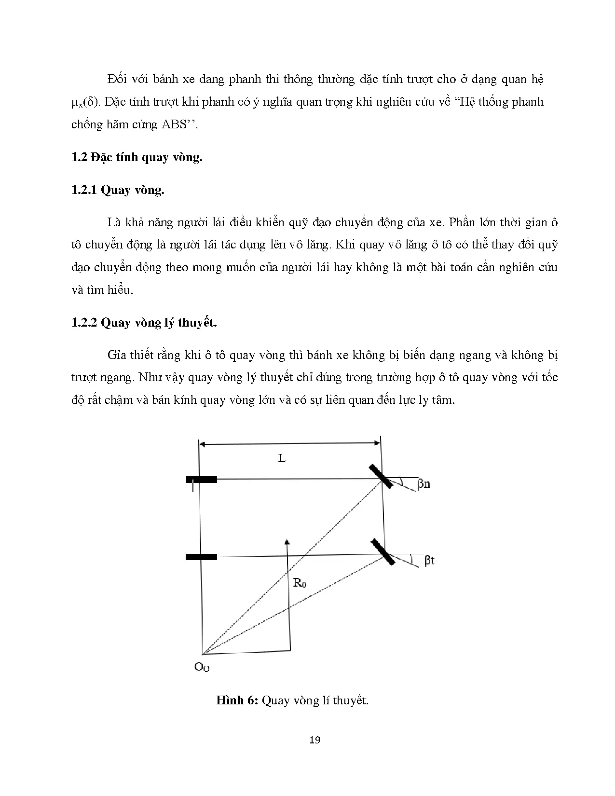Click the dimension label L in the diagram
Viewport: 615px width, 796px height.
click(x=282, y=458)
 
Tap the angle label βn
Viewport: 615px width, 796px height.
click(x=424, y=483)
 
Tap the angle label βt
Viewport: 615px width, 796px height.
click(x=429, y=560)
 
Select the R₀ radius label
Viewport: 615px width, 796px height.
click(x=300, y=583)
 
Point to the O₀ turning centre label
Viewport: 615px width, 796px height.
click(x=202, y=668)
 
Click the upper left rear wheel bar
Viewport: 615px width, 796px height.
click(x=202, y=480)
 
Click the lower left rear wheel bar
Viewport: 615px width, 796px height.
click(x=201, y=557)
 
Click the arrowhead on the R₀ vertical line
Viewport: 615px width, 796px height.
click(x=287, y=541)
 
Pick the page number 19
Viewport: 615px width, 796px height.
click(x=314, y=740)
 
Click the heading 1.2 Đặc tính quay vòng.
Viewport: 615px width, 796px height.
click(x=137, y=157)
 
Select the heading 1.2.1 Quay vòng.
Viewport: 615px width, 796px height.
click(x=118, y=190)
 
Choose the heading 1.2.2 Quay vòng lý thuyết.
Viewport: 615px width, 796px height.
click(x=144, y=322)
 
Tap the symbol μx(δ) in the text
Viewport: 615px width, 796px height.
click(x=85, y=102)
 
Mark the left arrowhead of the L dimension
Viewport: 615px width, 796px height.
click(x=203, y=443)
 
